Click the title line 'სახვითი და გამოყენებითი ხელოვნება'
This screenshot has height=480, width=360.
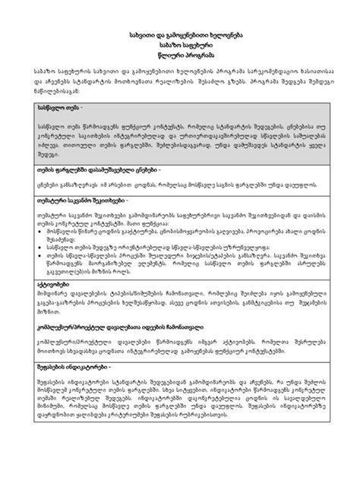[x=180, y=36]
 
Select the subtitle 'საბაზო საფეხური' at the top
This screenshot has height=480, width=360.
[x=180, y=46]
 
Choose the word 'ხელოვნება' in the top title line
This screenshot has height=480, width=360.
[x=222, y=36]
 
